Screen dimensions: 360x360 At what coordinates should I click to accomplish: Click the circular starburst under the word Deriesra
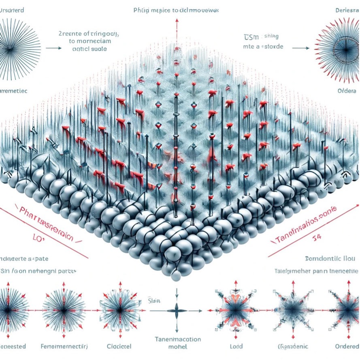point(337,47)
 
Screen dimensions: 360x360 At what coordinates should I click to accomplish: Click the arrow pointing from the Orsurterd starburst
point(53,48)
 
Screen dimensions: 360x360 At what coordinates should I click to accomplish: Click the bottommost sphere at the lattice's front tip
point(176,277)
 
